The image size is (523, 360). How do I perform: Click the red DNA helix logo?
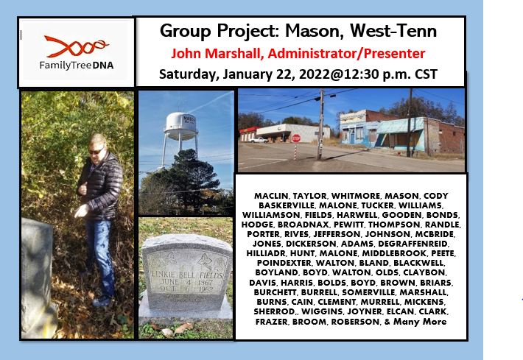[x=76, y=46]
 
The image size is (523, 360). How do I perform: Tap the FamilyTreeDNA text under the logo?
[x=77, y=65]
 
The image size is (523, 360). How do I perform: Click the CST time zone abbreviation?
[x=426, y=74]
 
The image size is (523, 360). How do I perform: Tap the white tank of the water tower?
[x=181, y=126]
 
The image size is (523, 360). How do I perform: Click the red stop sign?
[x=296, y=138]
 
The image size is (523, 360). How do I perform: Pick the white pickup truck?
[x=258, y=140]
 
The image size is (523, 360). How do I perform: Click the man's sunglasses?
[x=96, y=152]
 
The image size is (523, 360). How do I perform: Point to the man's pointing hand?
[x=81, y=211]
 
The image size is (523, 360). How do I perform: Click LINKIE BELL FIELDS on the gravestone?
[x=186, y=275]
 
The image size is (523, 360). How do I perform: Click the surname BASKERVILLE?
[x=287, y=205]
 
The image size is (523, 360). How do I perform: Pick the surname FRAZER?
[x=272, y=322]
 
